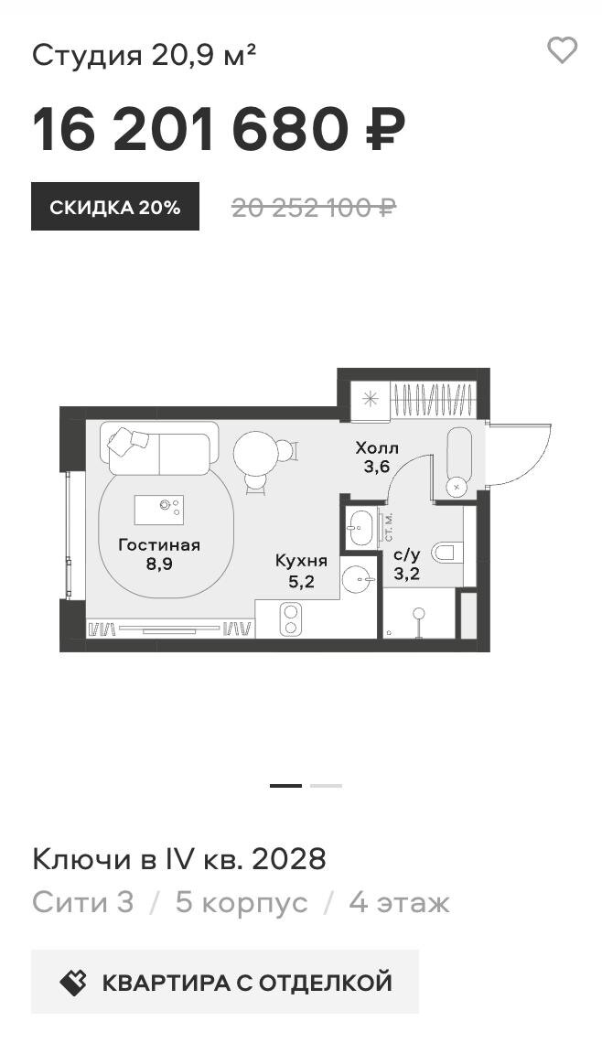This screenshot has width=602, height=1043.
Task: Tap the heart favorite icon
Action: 562,51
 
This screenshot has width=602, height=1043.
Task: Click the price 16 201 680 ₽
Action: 219,130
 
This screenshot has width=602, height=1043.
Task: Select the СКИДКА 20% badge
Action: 115,207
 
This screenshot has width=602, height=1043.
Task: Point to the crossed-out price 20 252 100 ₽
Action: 313,209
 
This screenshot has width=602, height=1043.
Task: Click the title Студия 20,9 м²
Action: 145,55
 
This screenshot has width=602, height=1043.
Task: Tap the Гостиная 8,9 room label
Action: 159,554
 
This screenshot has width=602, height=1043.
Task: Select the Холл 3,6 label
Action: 377,457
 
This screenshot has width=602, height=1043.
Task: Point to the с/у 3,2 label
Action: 406,565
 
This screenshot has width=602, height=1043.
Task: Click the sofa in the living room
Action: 159,449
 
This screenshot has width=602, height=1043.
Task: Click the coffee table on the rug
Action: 159,511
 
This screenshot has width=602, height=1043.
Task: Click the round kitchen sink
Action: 360,580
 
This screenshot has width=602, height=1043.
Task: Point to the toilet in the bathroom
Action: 446,552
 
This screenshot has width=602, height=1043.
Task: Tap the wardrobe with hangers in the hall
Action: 433,401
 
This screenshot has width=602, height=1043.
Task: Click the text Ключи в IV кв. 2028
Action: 179,859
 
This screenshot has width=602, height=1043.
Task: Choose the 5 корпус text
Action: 242,903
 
